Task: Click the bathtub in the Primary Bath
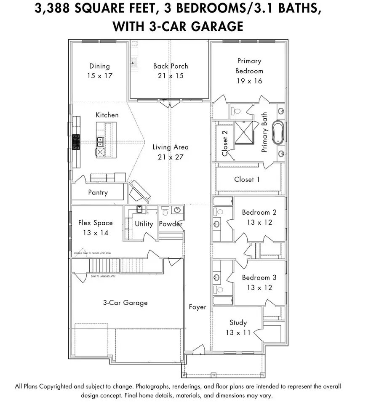pos(279,133)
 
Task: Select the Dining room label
pos(99,66)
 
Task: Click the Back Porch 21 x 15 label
pos(171,71)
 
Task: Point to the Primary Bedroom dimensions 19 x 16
pos(249,81)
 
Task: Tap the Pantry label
pos(98,192)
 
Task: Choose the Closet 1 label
pos(247,179)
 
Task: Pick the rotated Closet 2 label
pos(225,143)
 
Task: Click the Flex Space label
pos(96,223)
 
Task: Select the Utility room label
pos(144,224)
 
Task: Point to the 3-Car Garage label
pos(125,302)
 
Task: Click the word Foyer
pos(198,307)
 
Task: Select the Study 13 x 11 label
pos(238,327)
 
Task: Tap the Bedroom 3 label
pos(259,277)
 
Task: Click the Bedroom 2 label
pos(259,212)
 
